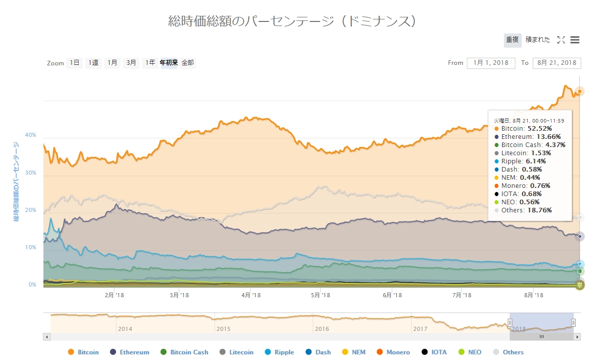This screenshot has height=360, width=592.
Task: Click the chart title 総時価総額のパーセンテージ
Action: pyautogui.click(x=295, y=21)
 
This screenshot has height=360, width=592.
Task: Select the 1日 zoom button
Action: pyautogui.click(x=75, y=63)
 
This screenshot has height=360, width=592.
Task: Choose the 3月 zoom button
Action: pyautogui.click(x=132, y=63)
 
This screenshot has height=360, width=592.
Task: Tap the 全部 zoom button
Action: pyautogui.click(x=187, y=63)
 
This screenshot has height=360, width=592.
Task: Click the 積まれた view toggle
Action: pyautogui.click(x=538, y=40)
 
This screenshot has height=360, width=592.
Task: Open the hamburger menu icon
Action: pyautogui.click(x=575, y=40)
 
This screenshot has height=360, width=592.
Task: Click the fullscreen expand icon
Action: pyautogui.click(x=561, y=40)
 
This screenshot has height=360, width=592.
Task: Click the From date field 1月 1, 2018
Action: pyautogui.click(x=490, y=63)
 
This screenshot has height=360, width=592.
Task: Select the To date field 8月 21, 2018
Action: pyautogui.click(x=557, y=63)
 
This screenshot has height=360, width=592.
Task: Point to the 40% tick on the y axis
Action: pyautogui.click(x=31, y=135)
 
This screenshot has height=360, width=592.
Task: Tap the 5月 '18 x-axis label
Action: pyautogui.click(x=320, y=295)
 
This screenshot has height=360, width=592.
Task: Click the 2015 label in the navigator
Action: pyautogui.click(x=224, y=329)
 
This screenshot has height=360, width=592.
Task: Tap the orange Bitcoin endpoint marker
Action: pyautogui.click(x=579, y=91)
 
